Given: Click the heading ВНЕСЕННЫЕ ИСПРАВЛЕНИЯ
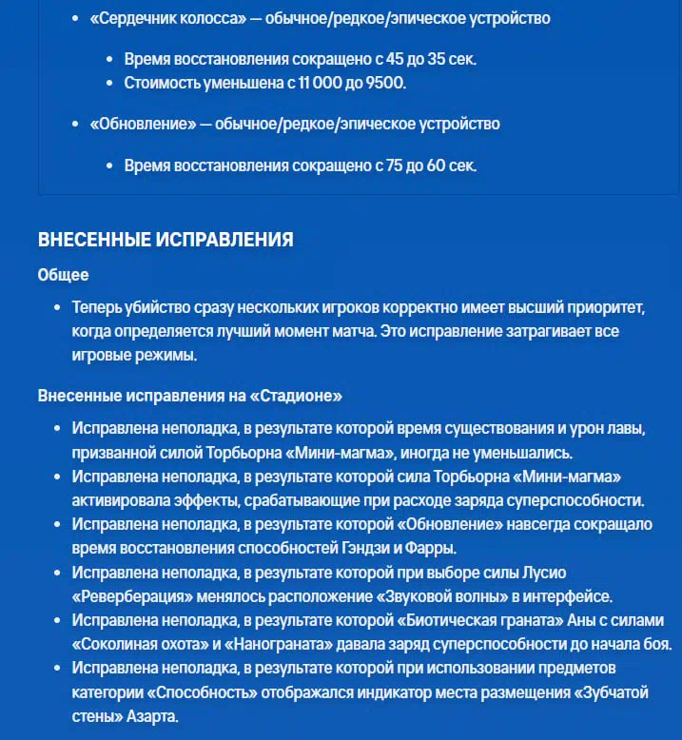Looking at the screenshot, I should [x=166, y=240].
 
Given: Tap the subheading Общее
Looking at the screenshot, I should [x=63, y=275].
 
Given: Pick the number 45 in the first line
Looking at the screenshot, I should [x=385, y=59].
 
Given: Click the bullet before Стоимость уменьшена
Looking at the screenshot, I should [x=113, y=83].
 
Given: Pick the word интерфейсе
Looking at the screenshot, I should [x=566, y=596].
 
